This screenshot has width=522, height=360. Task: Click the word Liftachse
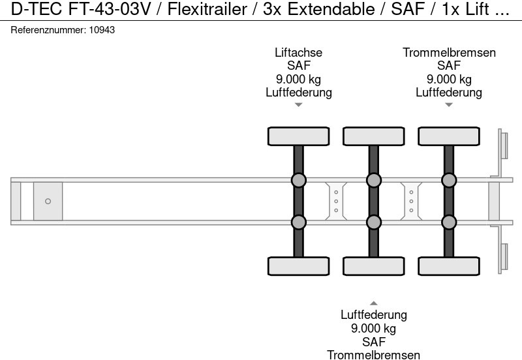[299, 53]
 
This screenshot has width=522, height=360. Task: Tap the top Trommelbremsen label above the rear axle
[449, 53]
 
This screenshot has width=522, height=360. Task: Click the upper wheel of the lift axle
[298, 136]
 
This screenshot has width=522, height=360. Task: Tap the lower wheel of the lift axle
[298, 266]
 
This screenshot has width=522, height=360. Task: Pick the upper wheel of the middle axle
[374, 136]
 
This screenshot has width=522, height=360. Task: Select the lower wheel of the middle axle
[374, 266]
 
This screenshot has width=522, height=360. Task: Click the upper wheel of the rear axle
[449, 136]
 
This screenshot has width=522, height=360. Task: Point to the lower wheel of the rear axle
[449, 266]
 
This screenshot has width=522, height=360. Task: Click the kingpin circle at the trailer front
[48, 202]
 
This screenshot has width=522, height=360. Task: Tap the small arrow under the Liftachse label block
[299, 105]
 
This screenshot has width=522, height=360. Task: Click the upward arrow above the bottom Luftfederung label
[374, 303]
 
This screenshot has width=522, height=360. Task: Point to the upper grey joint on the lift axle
[298, 180]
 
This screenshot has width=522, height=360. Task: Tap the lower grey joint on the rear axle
[449, 222]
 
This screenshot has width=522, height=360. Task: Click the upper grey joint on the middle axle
[374, 180]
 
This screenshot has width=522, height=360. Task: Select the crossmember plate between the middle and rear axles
[411, 201]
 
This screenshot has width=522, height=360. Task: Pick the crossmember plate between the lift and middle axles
[336, 201]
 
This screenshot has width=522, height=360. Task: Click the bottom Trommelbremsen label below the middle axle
[374, 354]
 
